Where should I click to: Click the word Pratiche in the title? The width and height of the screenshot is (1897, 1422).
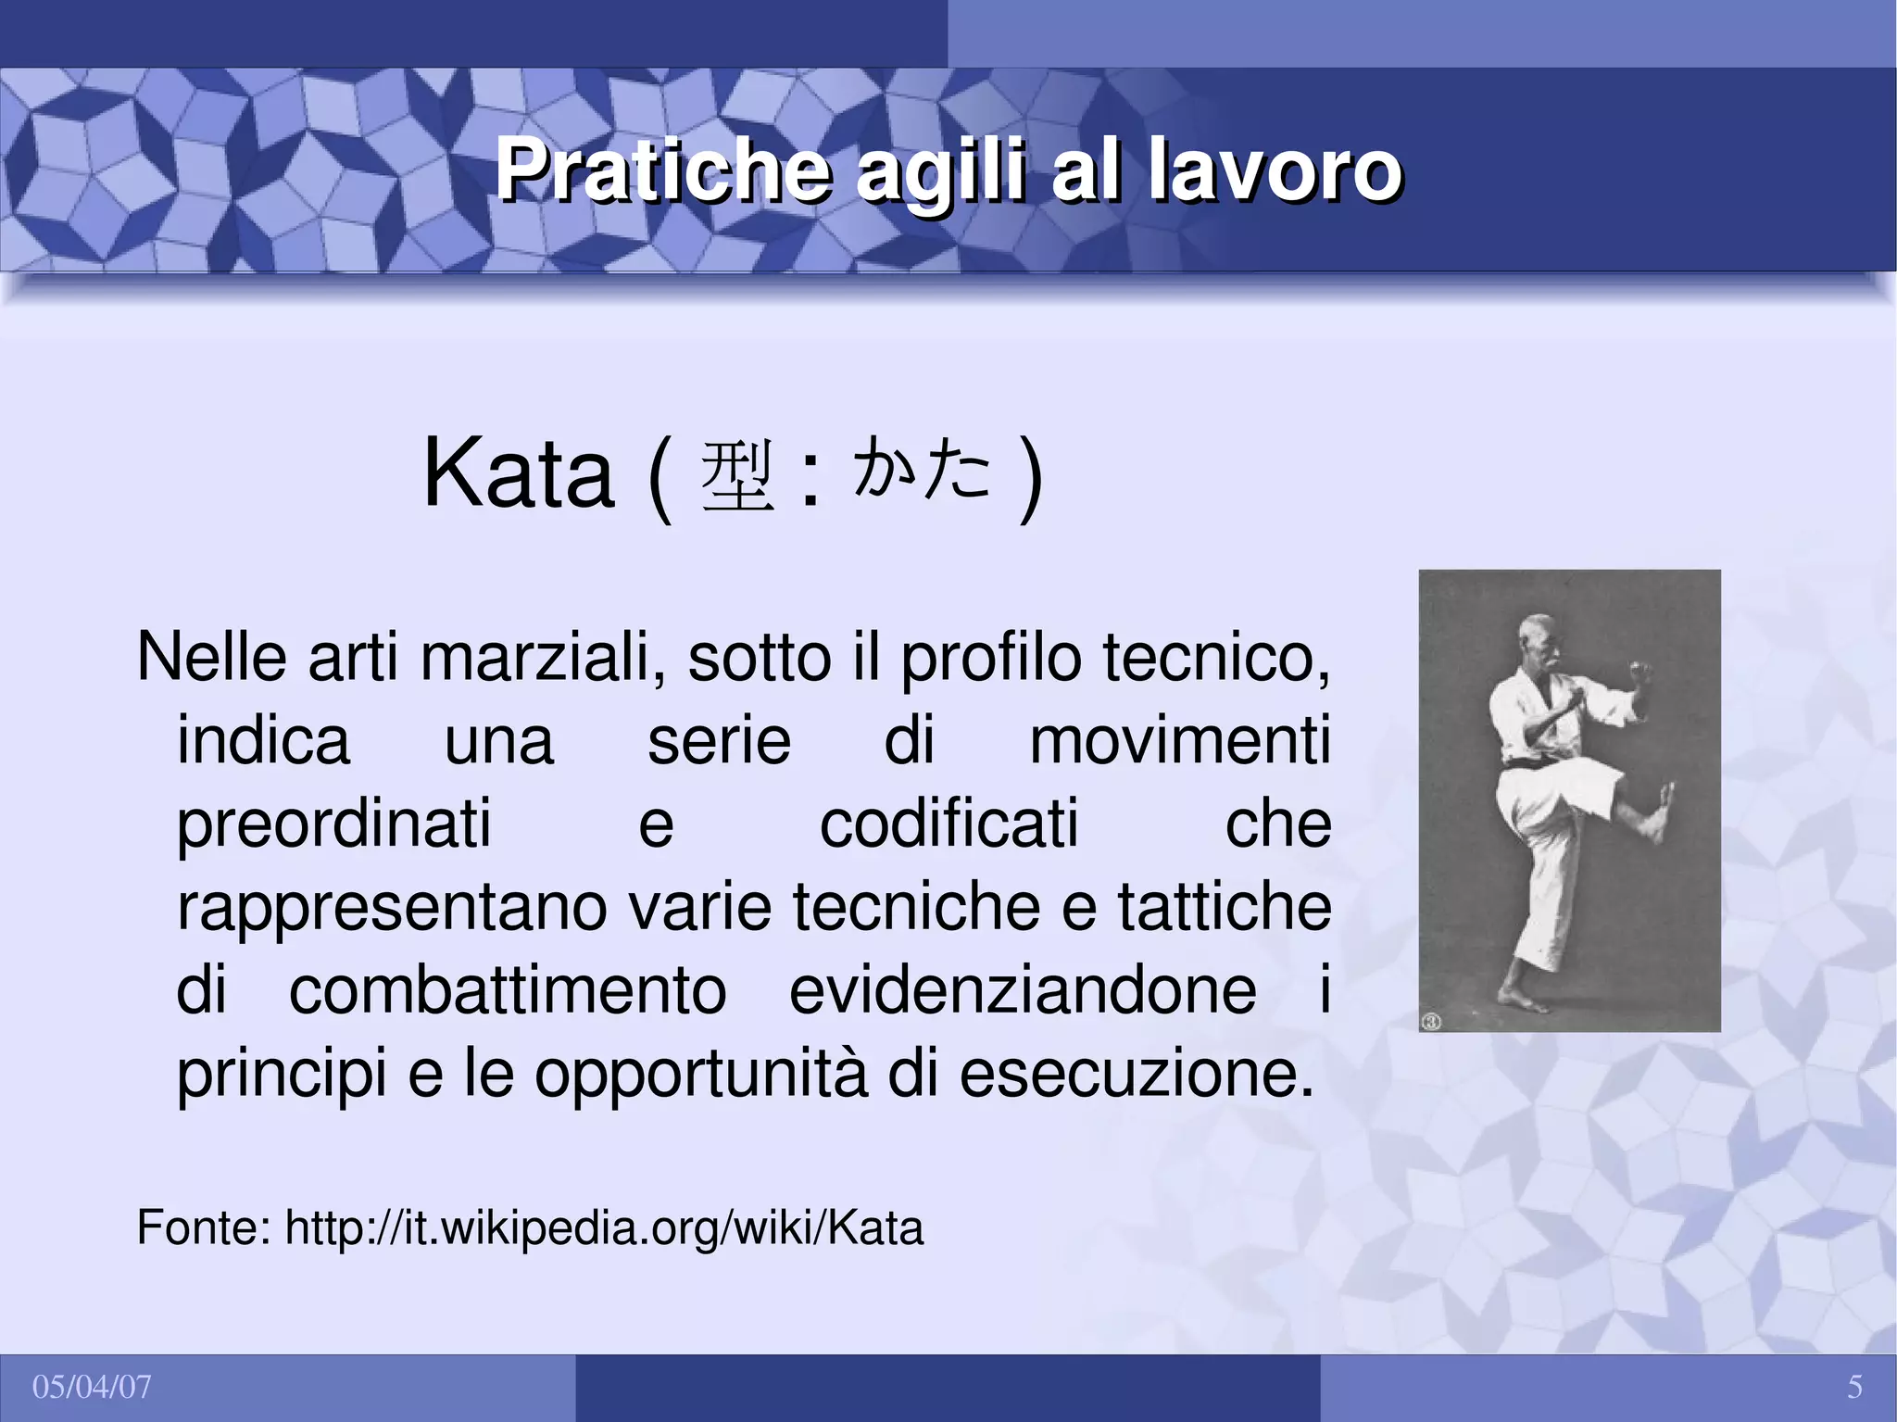(x=661, y=170)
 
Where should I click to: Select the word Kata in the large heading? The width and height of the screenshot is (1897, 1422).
(x=518, y=475)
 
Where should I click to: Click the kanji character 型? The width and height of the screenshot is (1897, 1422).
(x=737, y=477)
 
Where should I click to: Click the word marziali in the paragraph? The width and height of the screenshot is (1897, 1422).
(x=542, y=658)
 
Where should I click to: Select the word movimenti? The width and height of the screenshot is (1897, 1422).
(x=1179, y=741)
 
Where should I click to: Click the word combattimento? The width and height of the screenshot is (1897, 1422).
(x=508, y=991)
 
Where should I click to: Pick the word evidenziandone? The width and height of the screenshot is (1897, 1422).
(x=1023, y=991)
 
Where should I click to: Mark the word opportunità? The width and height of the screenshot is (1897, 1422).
(x=701, y=1075)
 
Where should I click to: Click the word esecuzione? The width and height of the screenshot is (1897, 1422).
(x=1136, y=1075)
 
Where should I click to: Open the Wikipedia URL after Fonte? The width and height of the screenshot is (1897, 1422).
(x=604, y=1228)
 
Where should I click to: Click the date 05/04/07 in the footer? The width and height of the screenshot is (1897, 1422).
(x=92, y=1388)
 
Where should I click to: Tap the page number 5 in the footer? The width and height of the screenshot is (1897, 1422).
(x=1854, y=1388)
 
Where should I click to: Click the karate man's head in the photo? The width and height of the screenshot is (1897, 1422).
(x=1538, y=638)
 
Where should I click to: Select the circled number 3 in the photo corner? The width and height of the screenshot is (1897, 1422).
(x=1431, y=1022)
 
